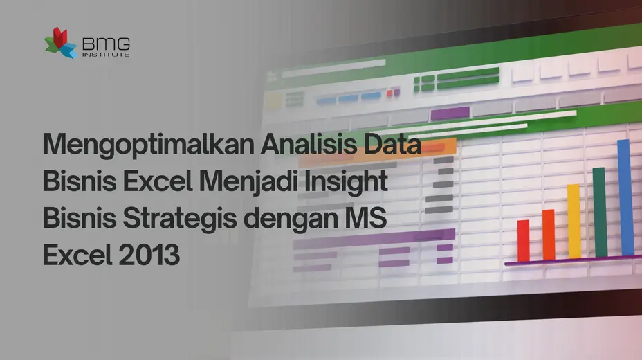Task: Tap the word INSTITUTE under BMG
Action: pyautogui.click(x=104, y=54)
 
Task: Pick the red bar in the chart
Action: pyautogui.click(x=523, y=240)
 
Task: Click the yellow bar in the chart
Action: pyautogui.click(x=574, y=221)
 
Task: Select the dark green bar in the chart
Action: pyautogui.click(x=600, y=212)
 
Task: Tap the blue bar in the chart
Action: pyautogui.click(x=625, y=197)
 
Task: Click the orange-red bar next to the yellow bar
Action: pyautogui.click(x=549, y=235)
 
